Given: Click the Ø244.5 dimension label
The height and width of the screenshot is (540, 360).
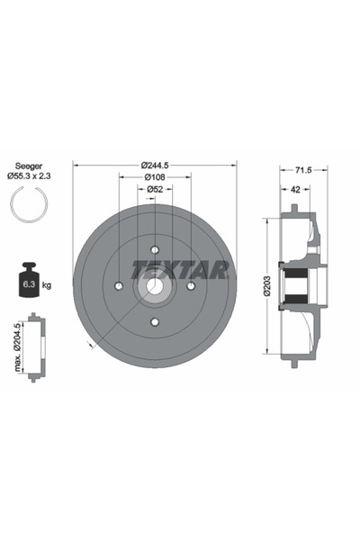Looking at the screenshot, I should [x=155, y=165].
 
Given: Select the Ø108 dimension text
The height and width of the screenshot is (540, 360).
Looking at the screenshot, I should [x=155, y=177].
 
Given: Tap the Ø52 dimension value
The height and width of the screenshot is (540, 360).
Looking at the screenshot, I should [x=155, y=190].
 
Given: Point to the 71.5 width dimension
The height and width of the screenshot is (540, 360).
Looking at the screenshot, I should [x=303, y=169].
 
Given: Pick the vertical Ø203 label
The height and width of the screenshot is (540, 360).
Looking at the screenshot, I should [x=267, y=287].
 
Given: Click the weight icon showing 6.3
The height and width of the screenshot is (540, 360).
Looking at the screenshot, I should [x=27, y=283].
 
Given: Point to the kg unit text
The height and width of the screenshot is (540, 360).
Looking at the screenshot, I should [x=47, y=285].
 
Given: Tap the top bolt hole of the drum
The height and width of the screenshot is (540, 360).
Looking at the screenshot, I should [x=155, y=250].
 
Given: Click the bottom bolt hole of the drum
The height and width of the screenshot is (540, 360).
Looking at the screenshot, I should [x=155, y=321].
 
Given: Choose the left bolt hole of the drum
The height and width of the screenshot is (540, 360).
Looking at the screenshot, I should [x=119, y=286].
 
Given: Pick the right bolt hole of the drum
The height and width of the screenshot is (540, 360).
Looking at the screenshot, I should [x=191, y=286].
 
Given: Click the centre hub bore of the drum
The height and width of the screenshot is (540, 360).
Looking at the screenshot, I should [x=155, y=286].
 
